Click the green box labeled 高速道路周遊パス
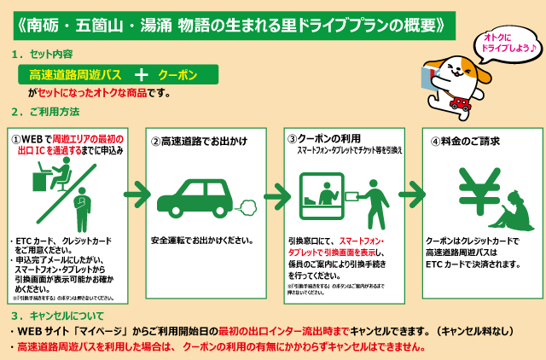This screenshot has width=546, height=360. click(x=75, y=74)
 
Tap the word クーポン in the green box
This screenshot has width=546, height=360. click(x=178, y=74)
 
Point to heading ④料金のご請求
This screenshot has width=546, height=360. click(x=465, y=141)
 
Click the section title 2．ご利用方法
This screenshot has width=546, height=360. click(x=47, y=112)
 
